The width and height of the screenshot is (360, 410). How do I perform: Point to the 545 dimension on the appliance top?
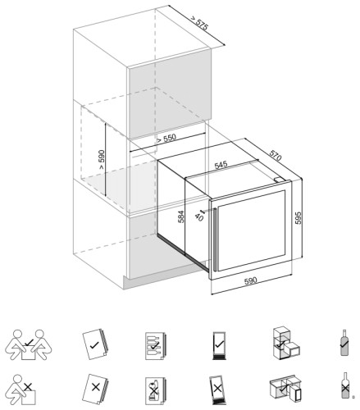click(221, 165)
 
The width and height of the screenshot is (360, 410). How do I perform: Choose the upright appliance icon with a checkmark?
click(218, 344)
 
